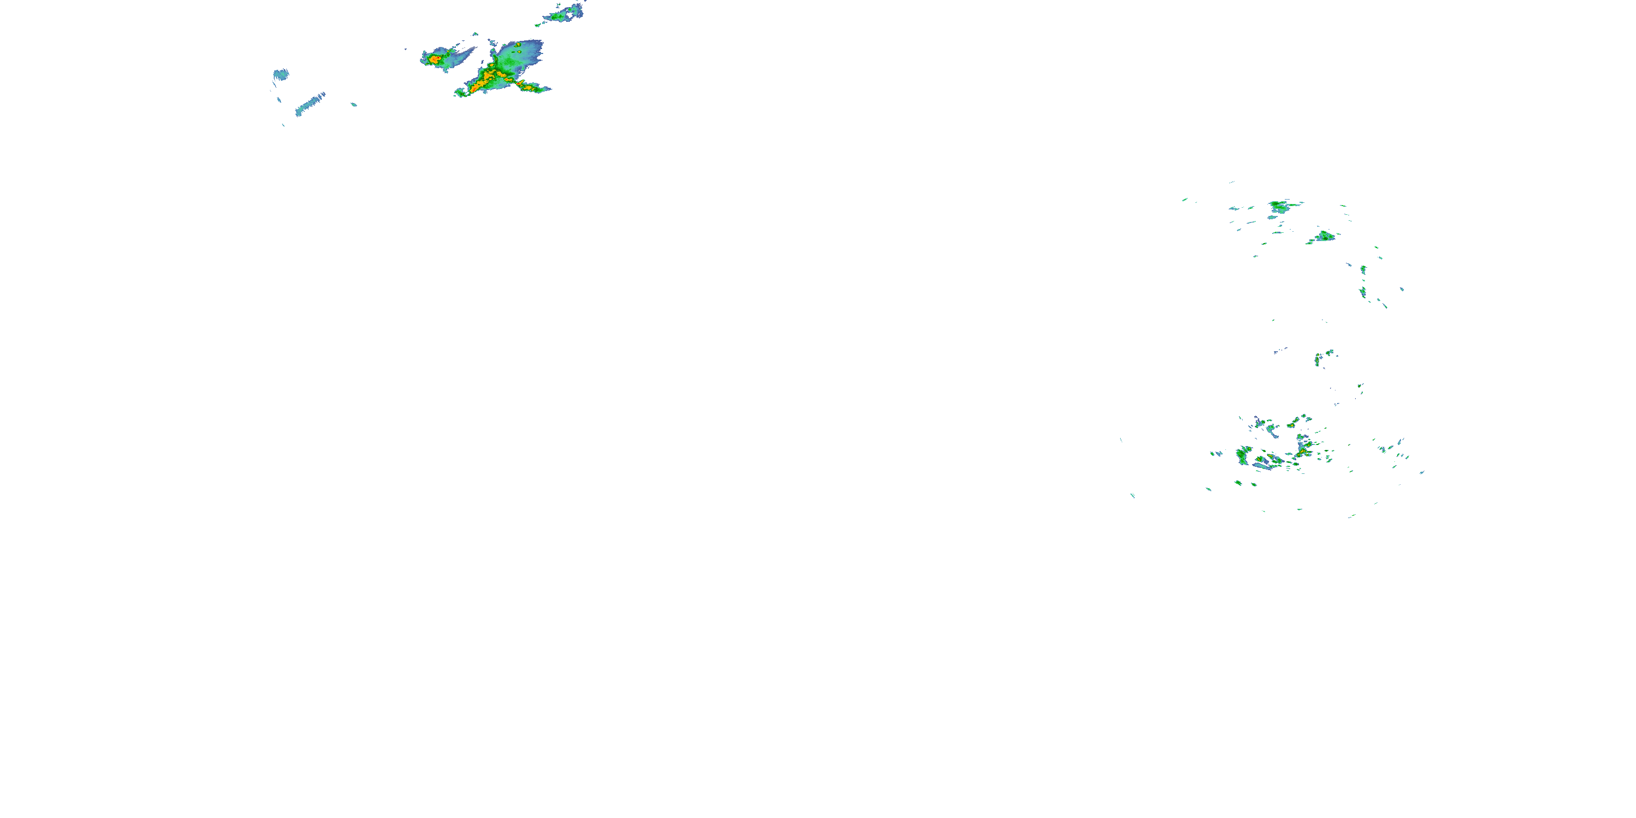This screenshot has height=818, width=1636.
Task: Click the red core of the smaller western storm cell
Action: point(435,59)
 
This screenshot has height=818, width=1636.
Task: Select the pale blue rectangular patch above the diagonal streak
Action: point(280,74)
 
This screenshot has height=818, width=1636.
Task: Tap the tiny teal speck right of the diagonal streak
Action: point(354,104)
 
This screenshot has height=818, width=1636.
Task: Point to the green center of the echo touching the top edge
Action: point(562,14)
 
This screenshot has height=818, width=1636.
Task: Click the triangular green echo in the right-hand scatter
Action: point(1324,237)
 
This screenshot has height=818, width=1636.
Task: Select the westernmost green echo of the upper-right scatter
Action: point(1185,200)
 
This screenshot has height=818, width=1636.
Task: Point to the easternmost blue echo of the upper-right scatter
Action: point(1402,289)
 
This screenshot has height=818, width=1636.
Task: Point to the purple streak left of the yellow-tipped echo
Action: point(1279,350)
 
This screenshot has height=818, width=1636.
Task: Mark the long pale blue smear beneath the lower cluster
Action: point(1262,466)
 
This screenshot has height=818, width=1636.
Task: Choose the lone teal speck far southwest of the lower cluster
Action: point(1132,495)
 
